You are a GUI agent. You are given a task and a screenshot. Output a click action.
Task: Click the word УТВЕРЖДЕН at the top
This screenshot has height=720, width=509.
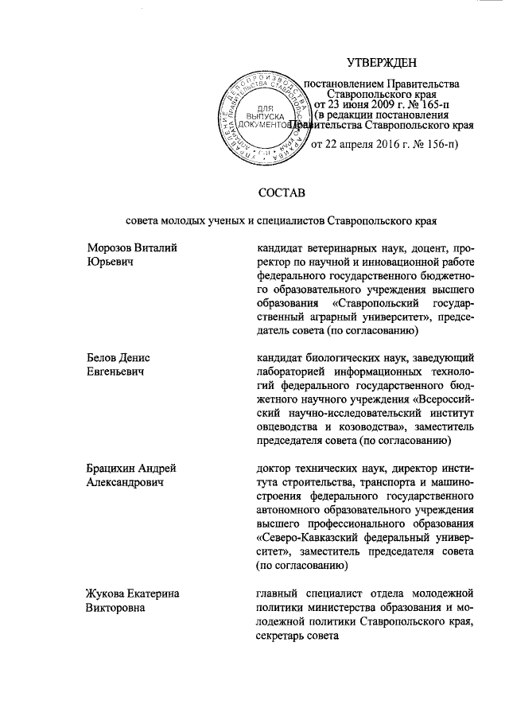click(383, 63)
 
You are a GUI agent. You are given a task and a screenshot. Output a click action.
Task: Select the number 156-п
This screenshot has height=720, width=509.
click(441, 144)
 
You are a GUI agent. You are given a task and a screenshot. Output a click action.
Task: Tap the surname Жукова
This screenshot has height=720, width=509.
click(107, 593)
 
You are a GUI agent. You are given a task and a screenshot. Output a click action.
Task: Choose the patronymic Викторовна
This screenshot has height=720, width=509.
click(118, 606)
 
